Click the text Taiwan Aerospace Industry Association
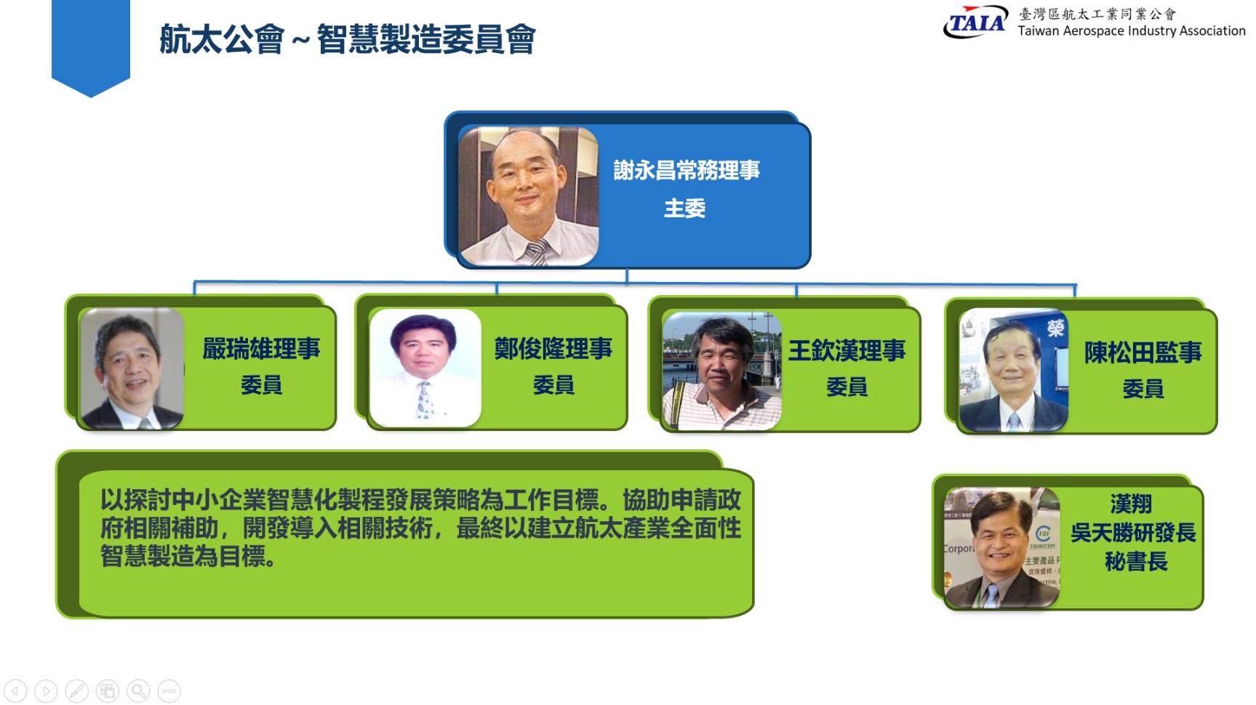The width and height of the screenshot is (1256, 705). (1132, 31)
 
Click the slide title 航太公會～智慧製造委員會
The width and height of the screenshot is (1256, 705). (348, 39)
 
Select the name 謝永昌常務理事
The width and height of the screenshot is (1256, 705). (687, 170)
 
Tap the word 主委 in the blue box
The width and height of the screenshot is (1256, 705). (685, 209)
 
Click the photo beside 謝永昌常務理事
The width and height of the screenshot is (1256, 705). (528, 196)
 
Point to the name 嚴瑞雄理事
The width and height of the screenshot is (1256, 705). (262, 349)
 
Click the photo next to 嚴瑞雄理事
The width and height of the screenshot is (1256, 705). (132, 368)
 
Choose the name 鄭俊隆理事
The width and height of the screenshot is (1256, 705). (553, 349)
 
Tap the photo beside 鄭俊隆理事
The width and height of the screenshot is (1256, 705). (425, 368)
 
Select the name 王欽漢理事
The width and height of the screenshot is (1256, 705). (847, 351)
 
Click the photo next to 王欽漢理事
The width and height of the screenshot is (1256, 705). (722, 371)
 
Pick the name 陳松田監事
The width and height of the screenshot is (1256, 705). (1143, 352)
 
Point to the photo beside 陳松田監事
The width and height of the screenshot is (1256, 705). (1014, 371)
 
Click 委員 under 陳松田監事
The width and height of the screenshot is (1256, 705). (1143, 389)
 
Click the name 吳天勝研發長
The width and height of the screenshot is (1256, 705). (1133, 533)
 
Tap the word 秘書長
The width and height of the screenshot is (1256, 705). (1136, 562)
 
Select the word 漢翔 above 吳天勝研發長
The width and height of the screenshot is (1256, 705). (1131, 504)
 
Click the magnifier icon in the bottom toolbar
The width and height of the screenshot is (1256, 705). (138, 691)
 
